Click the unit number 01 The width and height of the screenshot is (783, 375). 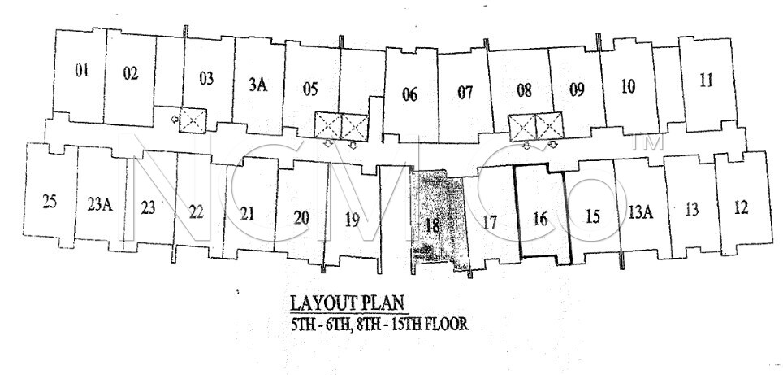[82, 71]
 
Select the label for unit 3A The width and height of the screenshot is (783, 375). [257, 85]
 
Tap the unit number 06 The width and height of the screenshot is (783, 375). [409, 94]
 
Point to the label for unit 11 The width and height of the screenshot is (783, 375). [706, 80]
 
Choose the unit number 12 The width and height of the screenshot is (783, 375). [742, 207]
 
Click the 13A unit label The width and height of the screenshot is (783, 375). [641, 212]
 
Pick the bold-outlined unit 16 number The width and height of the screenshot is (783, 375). [540, 219]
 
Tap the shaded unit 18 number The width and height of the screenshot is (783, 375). [432, 225]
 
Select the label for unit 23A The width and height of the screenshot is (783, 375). [100, 204]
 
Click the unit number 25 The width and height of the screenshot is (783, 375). [50, 202]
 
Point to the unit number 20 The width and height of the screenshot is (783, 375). [301, 218]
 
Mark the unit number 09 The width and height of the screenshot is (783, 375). [577, 90]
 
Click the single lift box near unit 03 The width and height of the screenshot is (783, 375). [193, 120]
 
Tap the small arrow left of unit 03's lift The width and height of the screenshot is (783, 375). [174, 120]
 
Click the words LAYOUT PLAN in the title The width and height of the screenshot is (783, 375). [347, 303]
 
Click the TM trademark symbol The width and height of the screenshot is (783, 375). [647, 142]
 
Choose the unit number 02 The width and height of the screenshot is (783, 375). [130, 73]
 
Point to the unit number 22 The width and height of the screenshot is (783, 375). [197, 212]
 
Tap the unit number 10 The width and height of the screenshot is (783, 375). [628, 86]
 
